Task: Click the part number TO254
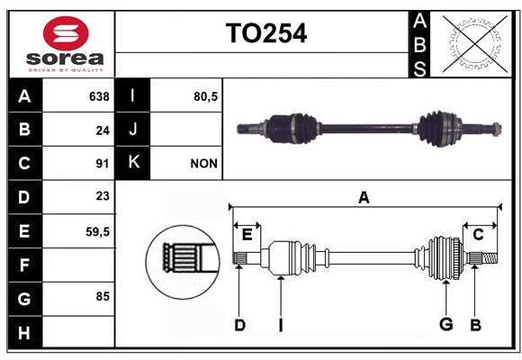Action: pyautogui.click(x=266, y=33)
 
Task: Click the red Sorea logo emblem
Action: pyautogui.click(x=66, y=33)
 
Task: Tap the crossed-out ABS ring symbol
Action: pyautogui.click(x=475, y=43)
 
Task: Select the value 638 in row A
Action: pyautogui.click(x=99, y=96)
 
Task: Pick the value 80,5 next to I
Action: pyautogui.click(x=205, y=96)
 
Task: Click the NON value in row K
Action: pyautogui.click(x=203, y=164)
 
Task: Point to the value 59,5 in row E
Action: pyautogui.click(x=97, y=232)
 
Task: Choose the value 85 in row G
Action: pyautogui.click(x=103, y=296)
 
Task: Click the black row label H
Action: pyautogui.click(x=25, y=332)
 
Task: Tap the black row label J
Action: pyautogui.click(x=132, y=130)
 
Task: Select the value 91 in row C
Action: pyautogui.click(x=103, y=164)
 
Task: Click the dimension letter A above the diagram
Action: pyautogui.click(x=364, y=198)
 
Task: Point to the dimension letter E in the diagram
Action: pyautogui.click(x=247, y=235)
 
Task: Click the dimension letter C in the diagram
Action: pyautogui.click(x=478, y=235)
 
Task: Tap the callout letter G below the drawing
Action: pyautogui.click(x=446, y=324)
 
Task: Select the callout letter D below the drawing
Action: pyautogui.click(x=239, y=325)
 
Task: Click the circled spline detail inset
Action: pyautogui.click(x=183, y=262)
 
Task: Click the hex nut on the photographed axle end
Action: pyautogui.click(x=497, y=130)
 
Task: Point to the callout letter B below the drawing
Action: pyautogui.click(x=475, y=325)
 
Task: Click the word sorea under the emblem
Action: pyautogui.click(x=65, y=58)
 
